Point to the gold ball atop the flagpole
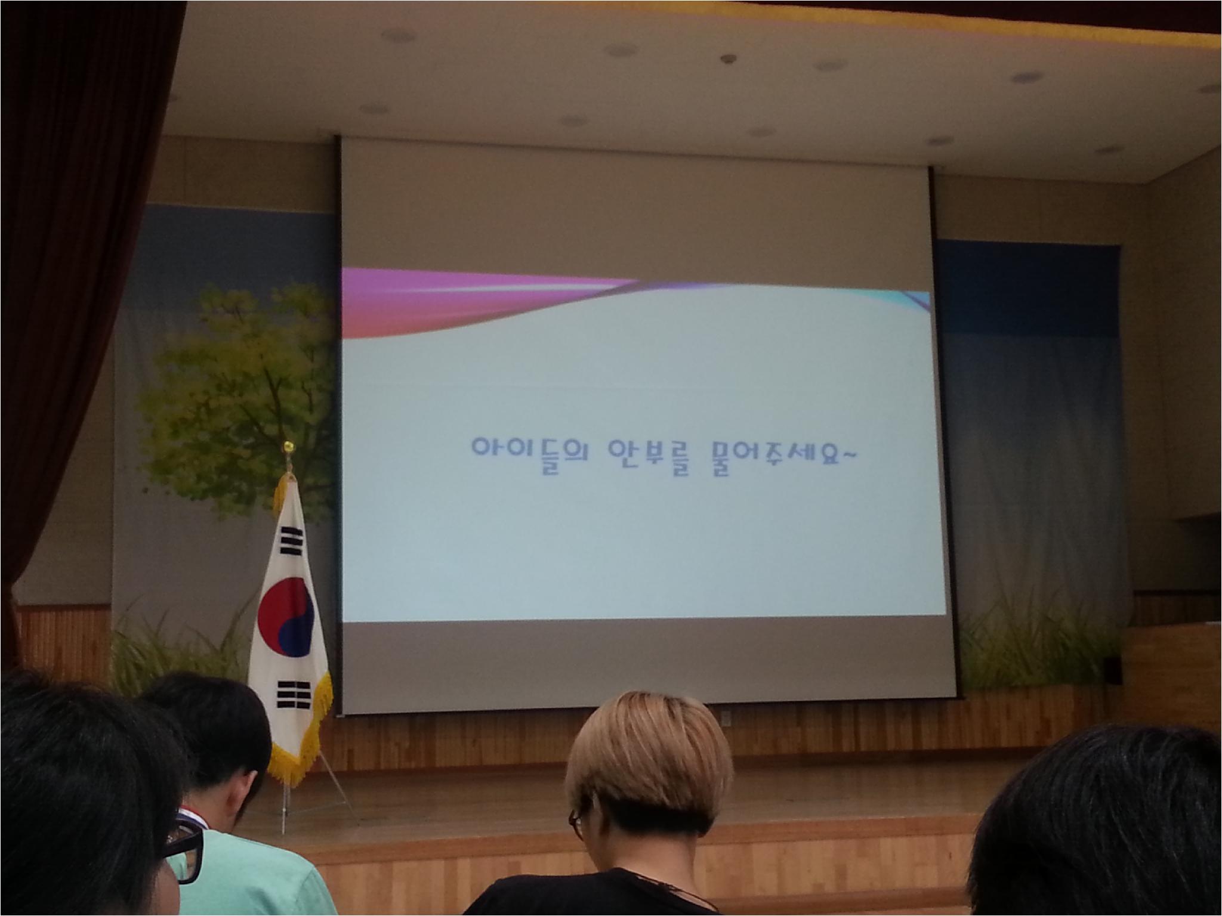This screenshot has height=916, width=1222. click(x=289, y=445)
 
